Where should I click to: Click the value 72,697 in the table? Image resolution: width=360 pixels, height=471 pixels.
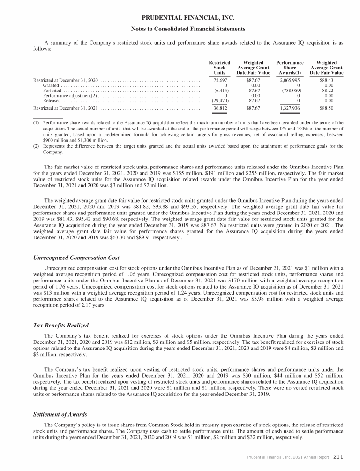(221, 81)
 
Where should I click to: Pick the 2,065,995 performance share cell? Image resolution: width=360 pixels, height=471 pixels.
(290, 81)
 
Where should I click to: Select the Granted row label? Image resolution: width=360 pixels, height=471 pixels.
(51, 85)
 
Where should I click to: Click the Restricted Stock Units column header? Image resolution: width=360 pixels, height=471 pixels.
(219, 68)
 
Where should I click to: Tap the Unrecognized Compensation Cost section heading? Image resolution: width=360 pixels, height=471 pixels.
(76, 258)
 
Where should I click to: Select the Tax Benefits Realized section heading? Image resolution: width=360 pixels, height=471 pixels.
(61, 326)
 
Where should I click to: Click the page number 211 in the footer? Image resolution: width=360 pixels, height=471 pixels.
(339, 456)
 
